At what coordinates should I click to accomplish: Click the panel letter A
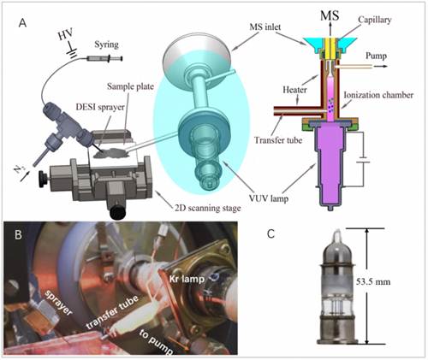(22, 23)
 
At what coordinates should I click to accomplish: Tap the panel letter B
(18, 234)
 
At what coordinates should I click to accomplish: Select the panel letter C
(270, 233)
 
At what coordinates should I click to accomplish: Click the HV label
(65, 34)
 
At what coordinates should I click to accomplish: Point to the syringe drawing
(104, 59)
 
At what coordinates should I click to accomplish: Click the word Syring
(106, 44)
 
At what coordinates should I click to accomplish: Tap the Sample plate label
(130, 86)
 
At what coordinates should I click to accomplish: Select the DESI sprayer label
(100, 107)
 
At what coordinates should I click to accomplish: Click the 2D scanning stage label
(208, 208)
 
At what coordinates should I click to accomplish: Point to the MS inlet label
(265, 27)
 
